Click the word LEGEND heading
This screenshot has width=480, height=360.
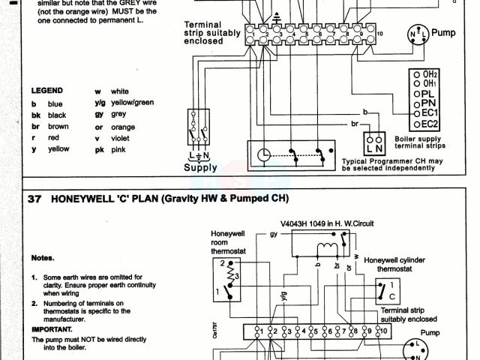[x=46, y=90]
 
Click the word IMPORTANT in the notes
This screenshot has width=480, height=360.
[x=52, y=328]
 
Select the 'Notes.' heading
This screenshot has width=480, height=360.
[x=42, y=257]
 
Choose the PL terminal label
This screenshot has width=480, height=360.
[x=429, y=93]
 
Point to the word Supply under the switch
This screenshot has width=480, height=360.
[x=200, y=168]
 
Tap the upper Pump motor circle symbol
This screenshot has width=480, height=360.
[x=417, y=34]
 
